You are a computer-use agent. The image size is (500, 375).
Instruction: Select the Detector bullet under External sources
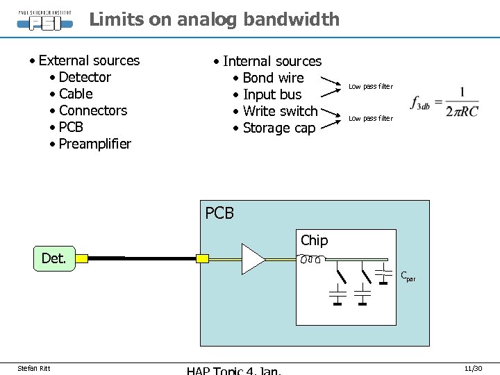point(85,77)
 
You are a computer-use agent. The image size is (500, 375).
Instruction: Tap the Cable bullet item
point(76,94)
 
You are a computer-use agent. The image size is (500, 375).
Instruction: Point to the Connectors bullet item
point(93,110)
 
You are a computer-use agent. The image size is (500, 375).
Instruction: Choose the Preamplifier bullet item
point(95,144)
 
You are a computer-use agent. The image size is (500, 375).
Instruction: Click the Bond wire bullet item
point(274,78)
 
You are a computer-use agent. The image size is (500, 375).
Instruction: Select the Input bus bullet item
point(272,94)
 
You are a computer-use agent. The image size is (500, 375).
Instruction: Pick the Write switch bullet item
point(280,111)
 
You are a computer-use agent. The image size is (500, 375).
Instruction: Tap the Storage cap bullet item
point(279,128)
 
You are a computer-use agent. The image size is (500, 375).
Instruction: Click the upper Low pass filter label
point(371,87)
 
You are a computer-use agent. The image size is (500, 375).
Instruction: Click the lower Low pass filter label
point(371,119)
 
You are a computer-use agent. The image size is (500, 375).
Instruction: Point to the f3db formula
point(444,102)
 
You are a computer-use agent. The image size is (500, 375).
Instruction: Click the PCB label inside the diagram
point(219,213)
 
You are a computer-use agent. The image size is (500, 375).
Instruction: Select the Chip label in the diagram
point(314,240)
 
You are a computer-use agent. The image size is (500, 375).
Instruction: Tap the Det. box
point(53,258)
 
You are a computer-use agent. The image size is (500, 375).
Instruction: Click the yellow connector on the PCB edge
point(203,259)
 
